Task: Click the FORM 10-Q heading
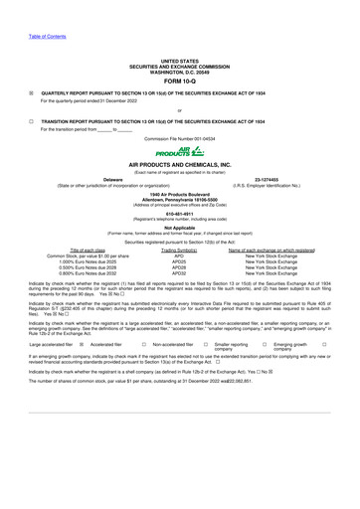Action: [179, 55]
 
